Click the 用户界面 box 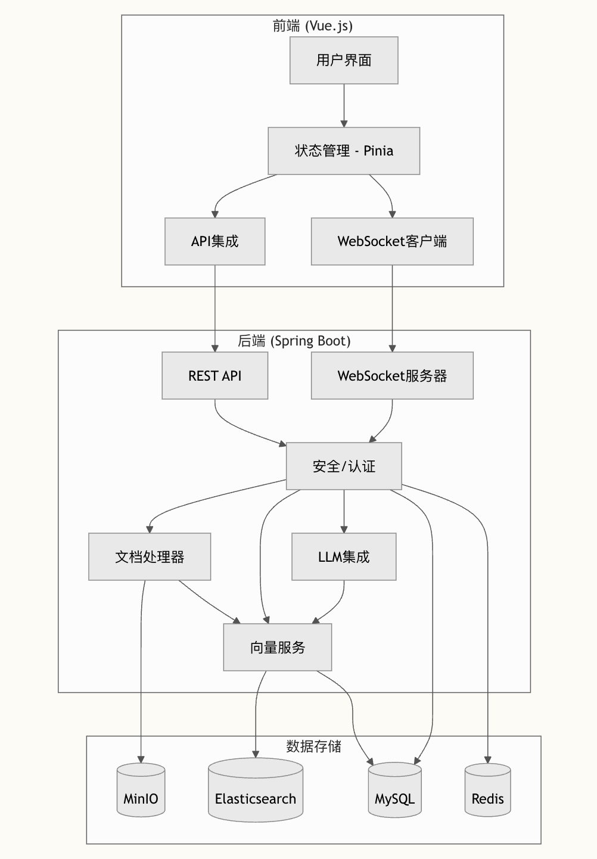click(x=344, y=60)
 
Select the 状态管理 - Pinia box click(x=344, y=151)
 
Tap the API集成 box click(x=214, y=241)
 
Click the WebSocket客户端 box click(x=392, y=241)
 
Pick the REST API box click(x=214, y=376)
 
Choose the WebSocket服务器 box click(x=392, y=376)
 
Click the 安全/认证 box click(x=344, y=466)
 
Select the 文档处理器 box click(x=150, y=557)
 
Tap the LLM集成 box click(x=344, y=557)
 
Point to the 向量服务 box click(x=278, y=648)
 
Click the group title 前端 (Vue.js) click(x=313, y=26)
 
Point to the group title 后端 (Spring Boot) click(x=294, y=341)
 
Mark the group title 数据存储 click(x=313, y=746)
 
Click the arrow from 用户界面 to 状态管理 click(x=344, y=105)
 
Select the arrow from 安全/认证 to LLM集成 click(x=344, y=511)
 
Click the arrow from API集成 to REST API click(x=214, y=309)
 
